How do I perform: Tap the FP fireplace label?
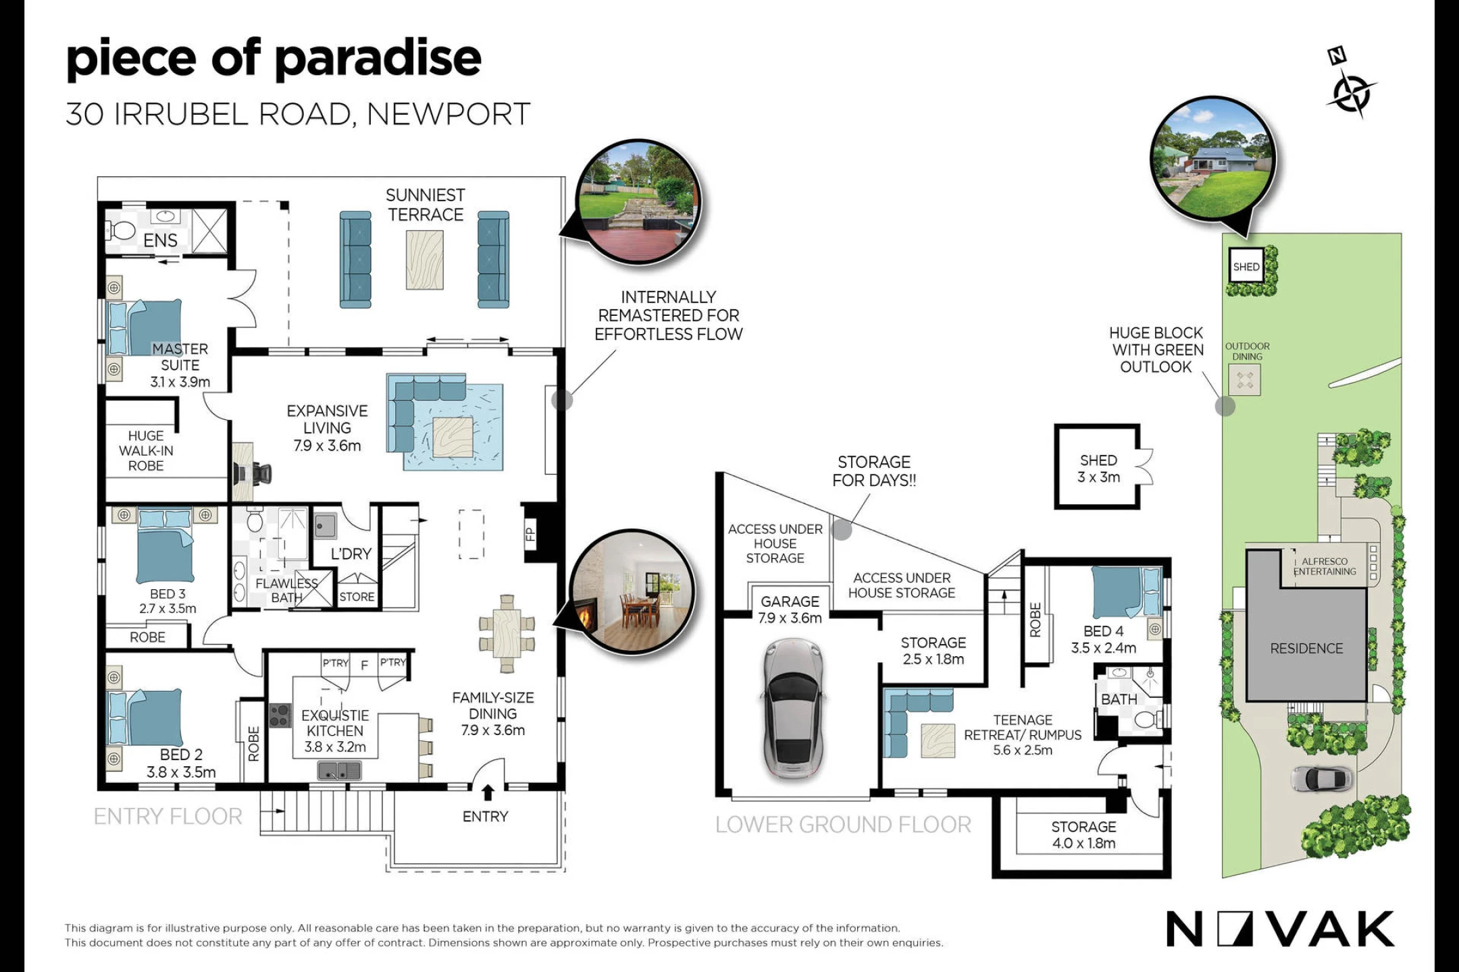[x=530, y=535]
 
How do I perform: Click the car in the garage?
[x=793, y=708]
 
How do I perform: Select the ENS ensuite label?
[x=160, y=240]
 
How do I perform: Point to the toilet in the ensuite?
[x=122, y=230]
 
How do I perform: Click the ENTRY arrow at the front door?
[x=488, y=792]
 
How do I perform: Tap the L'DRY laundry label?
[x=351, y=553]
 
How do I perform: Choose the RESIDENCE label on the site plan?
[x=1306, y=649]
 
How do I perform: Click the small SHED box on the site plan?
[x=1246, y=267]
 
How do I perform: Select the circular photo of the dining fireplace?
[x=632, y=592]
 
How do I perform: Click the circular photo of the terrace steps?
[x=638, y=202]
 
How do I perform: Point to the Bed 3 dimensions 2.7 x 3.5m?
[x=168, y=609]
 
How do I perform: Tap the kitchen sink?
[x=340, y=770]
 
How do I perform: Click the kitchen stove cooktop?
[x=280, y=715]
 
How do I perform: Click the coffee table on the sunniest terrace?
[x=424, y=260]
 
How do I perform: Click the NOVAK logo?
[x=1280, y=929]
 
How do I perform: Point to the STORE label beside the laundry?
[x=357, y=597]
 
